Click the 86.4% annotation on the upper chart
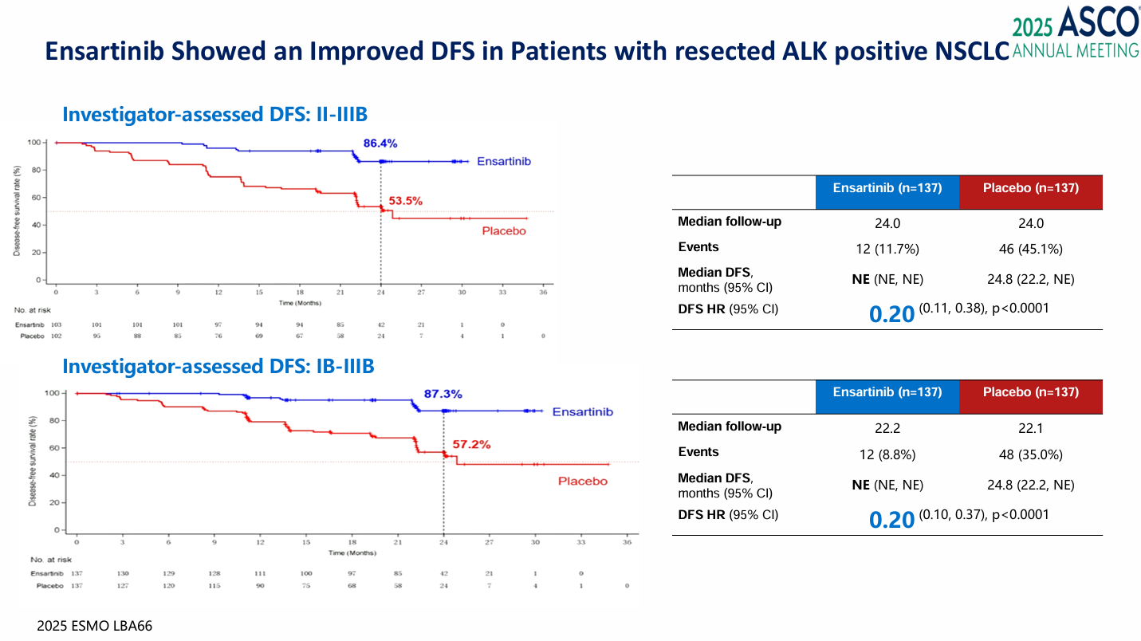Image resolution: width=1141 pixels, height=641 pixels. pos(380,144)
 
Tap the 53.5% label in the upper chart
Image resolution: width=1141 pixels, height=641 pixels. pos(405,201)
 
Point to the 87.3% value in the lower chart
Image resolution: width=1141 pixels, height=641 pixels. pos(443,394)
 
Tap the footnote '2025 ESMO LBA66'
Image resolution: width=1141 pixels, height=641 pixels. pos(94,626)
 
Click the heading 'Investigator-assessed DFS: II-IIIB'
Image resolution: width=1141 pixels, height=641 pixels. pos(214,115)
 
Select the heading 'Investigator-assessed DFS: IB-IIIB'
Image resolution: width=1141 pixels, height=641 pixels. pos(218,367)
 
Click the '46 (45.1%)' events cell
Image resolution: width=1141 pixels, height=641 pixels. pos(1030,249)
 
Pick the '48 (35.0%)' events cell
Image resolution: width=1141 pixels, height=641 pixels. pos(1030,454)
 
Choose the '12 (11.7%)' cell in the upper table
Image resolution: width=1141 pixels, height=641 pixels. pos(887,249)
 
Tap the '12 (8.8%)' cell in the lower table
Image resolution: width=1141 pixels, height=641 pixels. pos(887,454)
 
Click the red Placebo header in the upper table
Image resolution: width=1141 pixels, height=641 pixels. pos(1030,188)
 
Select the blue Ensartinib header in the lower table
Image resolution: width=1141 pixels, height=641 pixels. pos(887,392)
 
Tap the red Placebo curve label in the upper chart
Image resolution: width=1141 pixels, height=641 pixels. pos(505,231)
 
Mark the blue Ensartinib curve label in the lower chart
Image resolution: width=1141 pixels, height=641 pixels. pos(582,412)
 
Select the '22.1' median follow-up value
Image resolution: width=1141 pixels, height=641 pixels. pos(1030,427)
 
